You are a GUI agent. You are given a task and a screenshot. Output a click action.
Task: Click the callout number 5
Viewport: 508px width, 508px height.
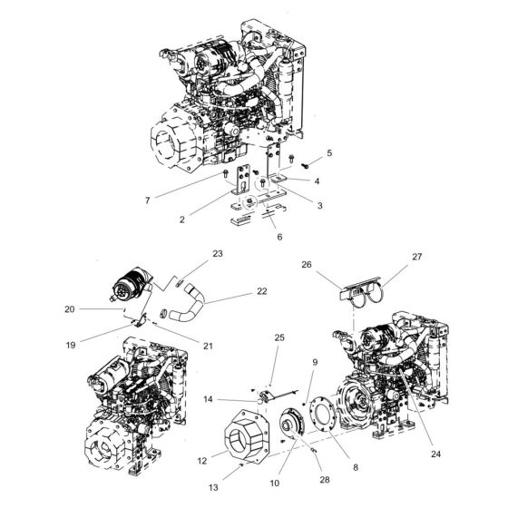[x=329, y=153]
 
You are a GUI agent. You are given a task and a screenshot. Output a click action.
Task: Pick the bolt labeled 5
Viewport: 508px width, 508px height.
[x=308, y=164]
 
